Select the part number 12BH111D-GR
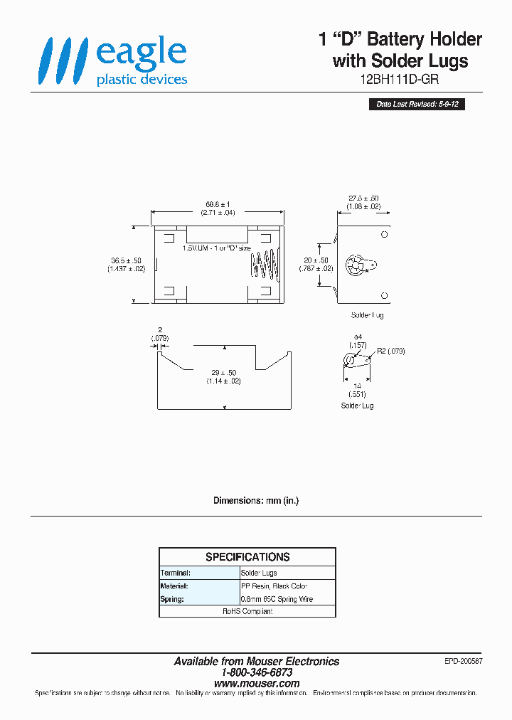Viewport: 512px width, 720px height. click(x=401, y=80)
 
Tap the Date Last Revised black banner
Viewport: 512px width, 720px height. click(x=420, y=105)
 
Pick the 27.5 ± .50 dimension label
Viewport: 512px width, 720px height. click(x=363, y=202)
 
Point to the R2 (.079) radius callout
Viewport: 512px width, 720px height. click(x=390, y=351)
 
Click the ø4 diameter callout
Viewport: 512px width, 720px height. click(x=358, y=340)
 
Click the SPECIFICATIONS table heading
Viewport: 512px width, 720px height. click(x=247, y=557)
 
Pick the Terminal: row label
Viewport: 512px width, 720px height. click(x=176, y=573)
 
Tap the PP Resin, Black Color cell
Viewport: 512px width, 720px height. click(x=277, y=586)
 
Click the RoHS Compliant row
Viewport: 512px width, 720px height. click(x=247, y=611)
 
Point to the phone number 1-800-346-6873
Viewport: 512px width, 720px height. click(x=257, y=672)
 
